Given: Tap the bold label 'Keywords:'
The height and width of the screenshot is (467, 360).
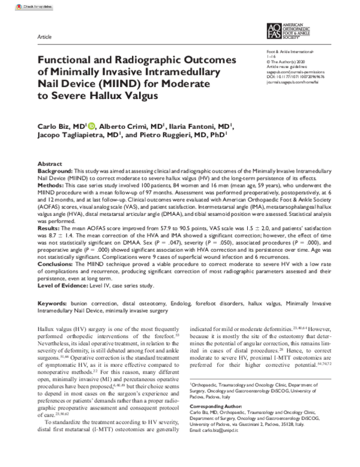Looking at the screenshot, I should [53, 305].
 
